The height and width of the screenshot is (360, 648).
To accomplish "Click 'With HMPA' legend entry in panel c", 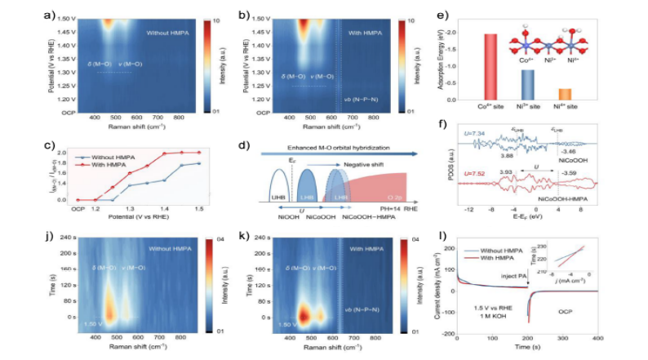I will pyautogui.click(x=158, y=165).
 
